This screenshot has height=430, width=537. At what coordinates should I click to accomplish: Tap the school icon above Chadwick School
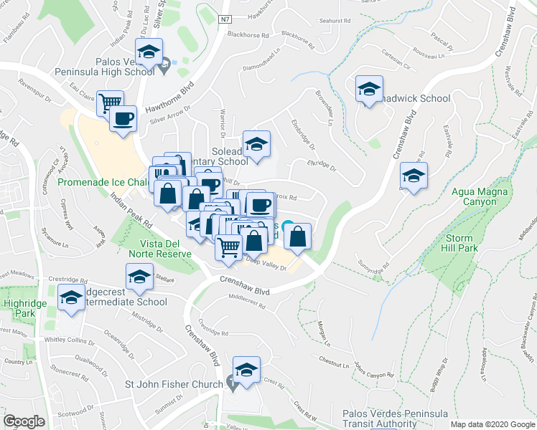point(369,90)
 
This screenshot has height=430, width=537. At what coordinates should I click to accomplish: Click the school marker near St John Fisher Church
point(246,371)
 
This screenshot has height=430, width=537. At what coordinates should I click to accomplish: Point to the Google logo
point(24,421)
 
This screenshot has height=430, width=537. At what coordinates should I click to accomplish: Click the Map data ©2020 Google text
point(492,424)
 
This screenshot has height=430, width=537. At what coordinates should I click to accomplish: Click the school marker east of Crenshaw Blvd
point(414,176)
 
